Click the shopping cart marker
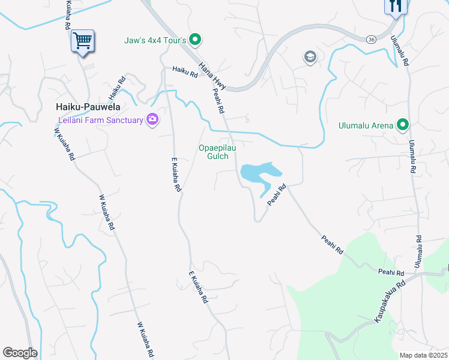[x=82, y=41]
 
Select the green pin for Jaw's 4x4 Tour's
[x=194, y=40]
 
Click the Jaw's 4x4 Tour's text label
[x=155, y=41]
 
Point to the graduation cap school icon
[x=310, y=57]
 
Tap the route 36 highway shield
[x=372, y=38]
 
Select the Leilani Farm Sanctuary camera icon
[x=152, y=120]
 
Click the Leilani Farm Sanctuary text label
[x=97, y=120]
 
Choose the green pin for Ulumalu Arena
[x=403, y=125]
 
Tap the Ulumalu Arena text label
[x=366, y=125]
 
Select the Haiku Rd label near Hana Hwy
[x=185, y=73]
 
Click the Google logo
[x=20, y=353]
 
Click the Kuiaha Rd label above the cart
[x=67, y=16]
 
